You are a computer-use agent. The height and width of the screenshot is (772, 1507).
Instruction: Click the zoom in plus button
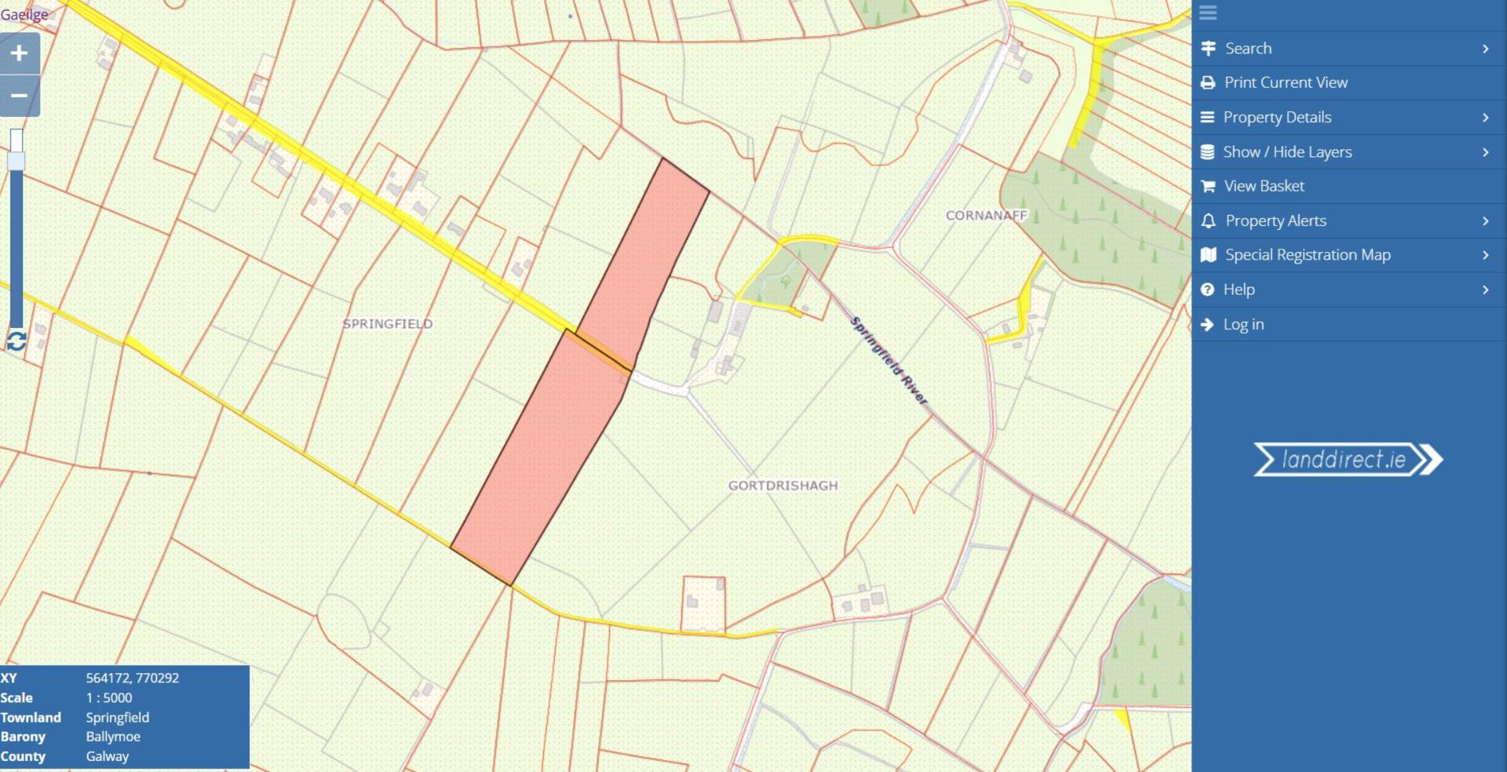20,53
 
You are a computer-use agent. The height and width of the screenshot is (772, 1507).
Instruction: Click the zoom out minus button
20,96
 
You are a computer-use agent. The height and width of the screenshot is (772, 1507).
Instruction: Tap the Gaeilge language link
24,14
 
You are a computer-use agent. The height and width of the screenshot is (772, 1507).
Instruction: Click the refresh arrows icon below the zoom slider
16,341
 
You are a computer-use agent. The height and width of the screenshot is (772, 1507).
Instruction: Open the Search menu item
1248,49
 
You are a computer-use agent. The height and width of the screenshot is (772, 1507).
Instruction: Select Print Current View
1286,82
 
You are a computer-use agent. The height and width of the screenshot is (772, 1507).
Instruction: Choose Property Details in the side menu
1277,117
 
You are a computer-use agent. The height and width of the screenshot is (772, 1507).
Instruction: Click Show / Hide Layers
1287,151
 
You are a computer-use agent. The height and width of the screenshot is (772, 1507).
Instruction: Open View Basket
1264,186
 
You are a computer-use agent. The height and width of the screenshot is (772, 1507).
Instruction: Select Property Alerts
1275,220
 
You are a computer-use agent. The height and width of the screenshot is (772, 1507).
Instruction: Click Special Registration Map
1308,255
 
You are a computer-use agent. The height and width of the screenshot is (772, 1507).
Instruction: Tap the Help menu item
1239,289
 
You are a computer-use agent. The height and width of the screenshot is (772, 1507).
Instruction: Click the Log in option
1243,324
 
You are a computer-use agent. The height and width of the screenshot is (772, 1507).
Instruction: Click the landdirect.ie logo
1348,460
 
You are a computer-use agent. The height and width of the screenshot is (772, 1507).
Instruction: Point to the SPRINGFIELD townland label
388,323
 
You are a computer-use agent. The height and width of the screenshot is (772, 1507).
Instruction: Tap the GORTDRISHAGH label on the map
783,486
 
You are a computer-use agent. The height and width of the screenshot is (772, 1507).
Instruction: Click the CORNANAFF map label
987,215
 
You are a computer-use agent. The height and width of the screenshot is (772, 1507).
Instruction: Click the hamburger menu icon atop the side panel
1208,13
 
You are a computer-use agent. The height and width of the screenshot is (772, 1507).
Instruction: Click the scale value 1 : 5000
109,697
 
